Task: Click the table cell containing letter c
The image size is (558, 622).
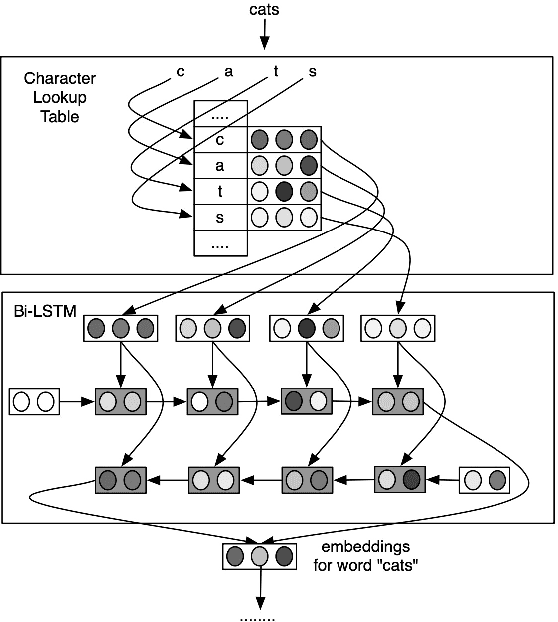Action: point(219,139)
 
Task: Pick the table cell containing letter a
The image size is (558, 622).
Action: point(219,165)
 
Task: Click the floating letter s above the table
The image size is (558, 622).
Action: point(312,71)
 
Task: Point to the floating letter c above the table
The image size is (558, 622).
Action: point(180,71)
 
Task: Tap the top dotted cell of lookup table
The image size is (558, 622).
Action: point(219,114)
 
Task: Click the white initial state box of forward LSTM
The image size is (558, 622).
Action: point(34,402)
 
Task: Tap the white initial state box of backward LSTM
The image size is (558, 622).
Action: point(485,481)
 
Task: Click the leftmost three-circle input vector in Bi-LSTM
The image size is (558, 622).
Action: point(121,327)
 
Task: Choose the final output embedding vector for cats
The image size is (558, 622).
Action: point(260,556)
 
